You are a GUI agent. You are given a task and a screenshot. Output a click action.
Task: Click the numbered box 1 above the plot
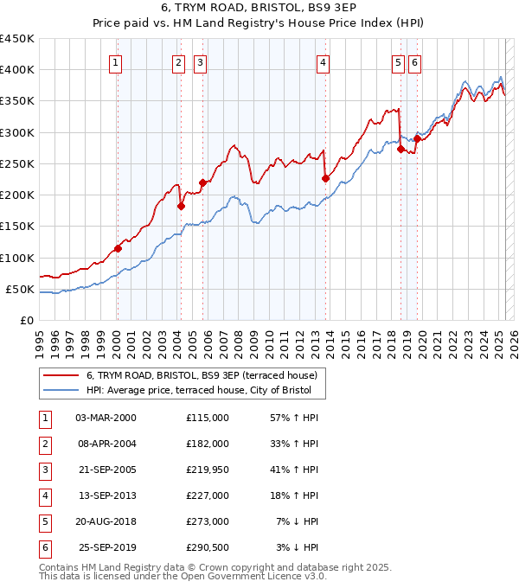point(115,62)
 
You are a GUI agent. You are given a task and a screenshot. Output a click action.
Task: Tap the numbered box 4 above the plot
point(322,62)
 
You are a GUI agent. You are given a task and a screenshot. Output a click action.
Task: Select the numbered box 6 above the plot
point(415,62)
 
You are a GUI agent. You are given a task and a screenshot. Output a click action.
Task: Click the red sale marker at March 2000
point(118,248)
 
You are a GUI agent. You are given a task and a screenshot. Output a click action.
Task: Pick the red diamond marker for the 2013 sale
point(325,179)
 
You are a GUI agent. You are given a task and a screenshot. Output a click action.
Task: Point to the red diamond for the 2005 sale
point(202,182)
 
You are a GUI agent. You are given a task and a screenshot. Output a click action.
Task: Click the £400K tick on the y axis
point(16,70)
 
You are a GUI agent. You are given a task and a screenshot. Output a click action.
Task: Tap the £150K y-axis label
point(16,227)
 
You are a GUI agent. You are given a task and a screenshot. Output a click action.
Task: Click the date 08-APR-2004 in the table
point(106,444)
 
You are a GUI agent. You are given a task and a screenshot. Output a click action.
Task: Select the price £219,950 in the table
point(208,470)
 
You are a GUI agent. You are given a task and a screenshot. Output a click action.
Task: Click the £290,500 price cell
point(208,547)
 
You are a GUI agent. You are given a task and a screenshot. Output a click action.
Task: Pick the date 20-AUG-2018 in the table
point(106,521)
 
